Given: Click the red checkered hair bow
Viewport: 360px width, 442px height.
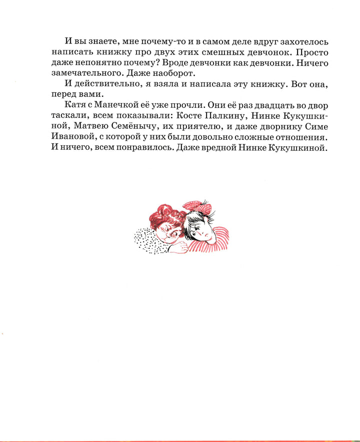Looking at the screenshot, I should click(x=193, y=206).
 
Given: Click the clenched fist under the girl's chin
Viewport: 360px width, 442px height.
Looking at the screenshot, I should click(x=172, y=241).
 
